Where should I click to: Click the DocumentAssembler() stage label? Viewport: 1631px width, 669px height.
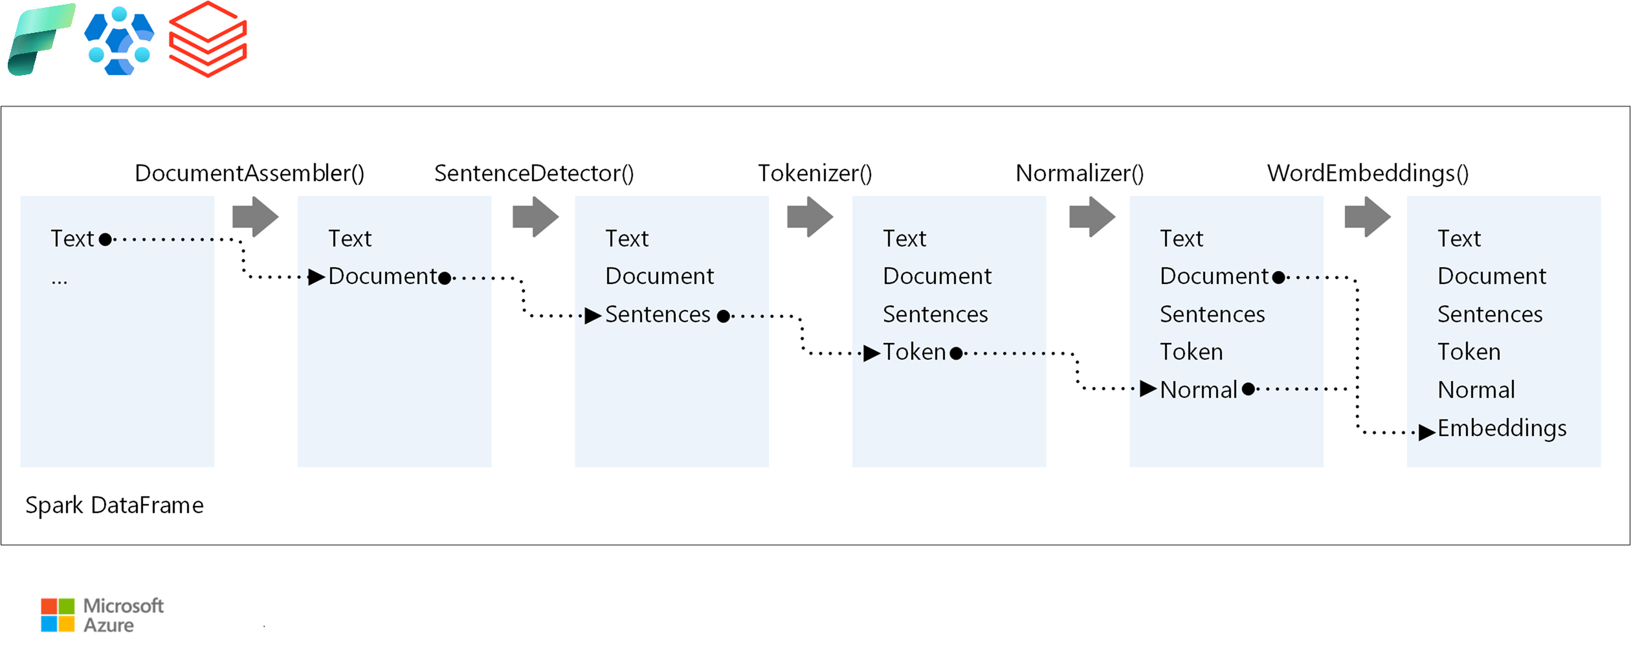point(249,173)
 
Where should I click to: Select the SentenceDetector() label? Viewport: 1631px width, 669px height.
point(534,173)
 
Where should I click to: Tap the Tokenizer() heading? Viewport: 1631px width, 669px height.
point(815,173)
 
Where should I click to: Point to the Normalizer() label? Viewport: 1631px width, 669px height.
point(1080,173)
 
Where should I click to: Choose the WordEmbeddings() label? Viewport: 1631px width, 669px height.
point(1368,173)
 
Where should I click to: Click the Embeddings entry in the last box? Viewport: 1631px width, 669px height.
point(1502,428)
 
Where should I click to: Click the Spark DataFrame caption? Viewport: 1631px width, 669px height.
point(115,505)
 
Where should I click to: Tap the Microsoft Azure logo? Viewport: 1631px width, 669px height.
point(102,615)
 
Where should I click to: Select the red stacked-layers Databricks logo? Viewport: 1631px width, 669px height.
point(208,39)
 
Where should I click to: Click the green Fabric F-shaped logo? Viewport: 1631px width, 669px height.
point(40,39)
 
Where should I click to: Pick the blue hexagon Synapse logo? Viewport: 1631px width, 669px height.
point(120,41)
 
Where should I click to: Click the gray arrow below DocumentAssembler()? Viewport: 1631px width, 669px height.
point(255,217)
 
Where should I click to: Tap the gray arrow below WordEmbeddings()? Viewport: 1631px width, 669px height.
point(1367,217)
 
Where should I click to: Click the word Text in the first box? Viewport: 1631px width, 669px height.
point(72,239)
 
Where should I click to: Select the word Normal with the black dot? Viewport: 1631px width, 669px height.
point(1198,390)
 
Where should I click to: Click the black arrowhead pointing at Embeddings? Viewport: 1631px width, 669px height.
point(1426,432)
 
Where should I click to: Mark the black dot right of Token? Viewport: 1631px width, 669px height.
point(956,353)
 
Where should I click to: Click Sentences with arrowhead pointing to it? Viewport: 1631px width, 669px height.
point(658,314)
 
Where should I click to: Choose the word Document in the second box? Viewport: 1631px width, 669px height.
point(383,276)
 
